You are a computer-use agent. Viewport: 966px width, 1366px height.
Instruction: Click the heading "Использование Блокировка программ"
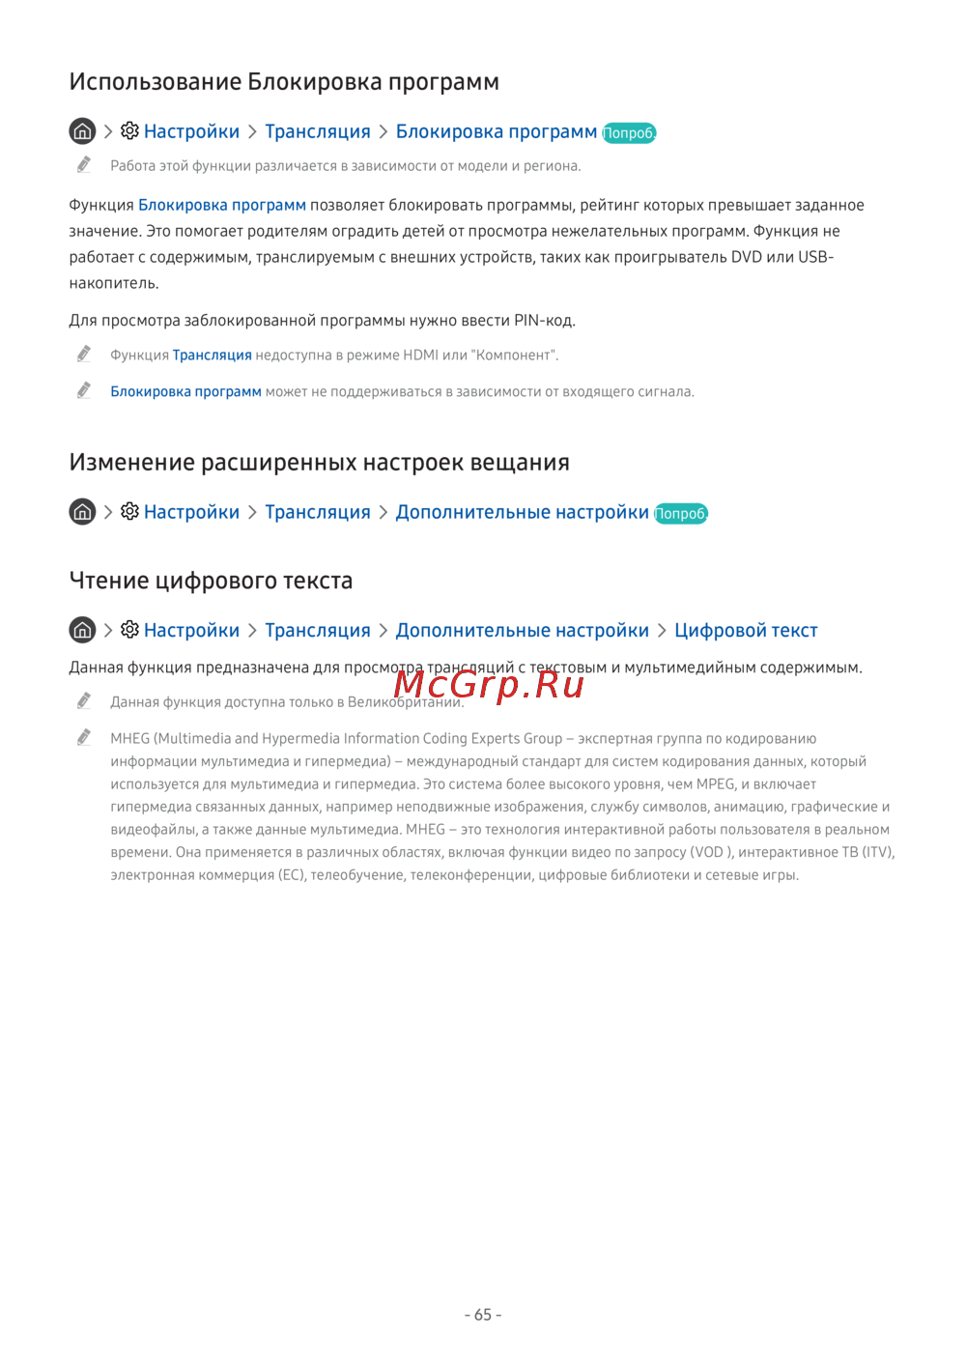(284, 81)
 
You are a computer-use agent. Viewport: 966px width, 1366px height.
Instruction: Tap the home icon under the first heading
(82, 130)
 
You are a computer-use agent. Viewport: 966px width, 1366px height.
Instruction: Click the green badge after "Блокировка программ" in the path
(629, 133)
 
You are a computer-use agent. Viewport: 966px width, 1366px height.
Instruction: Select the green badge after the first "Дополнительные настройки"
(681, 514)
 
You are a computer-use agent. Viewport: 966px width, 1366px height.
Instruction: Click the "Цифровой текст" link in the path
(746, 631)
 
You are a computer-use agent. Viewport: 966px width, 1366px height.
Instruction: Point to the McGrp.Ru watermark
(489, 684)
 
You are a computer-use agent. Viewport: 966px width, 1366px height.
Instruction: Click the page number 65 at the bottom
(483, 1315)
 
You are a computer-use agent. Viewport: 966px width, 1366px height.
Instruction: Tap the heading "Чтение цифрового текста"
(211, 581)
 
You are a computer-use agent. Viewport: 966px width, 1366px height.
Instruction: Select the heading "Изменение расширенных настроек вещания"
(319, 463)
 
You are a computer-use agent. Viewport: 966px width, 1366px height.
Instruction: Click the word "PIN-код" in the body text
(544, 320)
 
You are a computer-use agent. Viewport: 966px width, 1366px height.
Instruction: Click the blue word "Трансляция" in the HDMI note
(212, 356)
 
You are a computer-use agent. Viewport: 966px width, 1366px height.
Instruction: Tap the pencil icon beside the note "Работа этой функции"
(84, 165)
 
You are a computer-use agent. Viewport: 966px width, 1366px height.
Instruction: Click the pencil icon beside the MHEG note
(84, 738)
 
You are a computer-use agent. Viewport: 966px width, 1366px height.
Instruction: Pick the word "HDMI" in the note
(420, 356)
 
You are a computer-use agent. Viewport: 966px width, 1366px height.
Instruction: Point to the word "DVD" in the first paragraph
(746, 257)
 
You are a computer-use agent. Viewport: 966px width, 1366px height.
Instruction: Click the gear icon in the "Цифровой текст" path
(129, 630)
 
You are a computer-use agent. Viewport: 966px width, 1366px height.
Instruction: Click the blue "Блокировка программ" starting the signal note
(185, 392)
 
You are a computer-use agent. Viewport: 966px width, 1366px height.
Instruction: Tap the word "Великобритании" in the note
(405, 702)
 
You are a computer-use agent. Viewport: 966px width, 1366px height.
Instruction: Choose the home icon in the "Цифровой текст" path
(82, 630)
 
